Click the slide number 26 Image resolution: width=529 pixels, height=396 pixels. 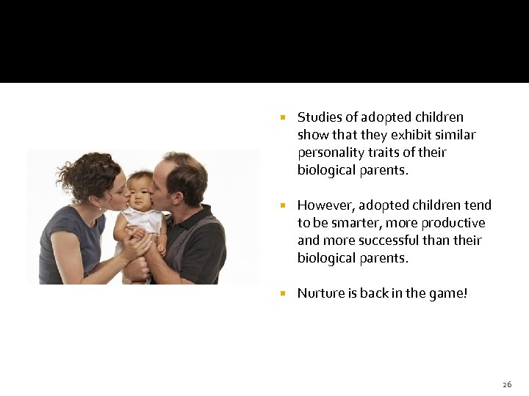506,384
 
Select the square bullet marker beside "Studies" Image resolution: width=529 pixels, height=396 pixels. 282,117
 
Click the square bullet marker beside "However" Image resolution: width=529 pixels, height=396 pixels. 282,205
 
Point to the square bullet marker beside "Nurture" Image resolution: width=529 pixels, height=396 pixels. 282,293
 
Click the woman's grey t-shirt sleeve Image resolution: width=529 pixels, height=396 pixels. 62,226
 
